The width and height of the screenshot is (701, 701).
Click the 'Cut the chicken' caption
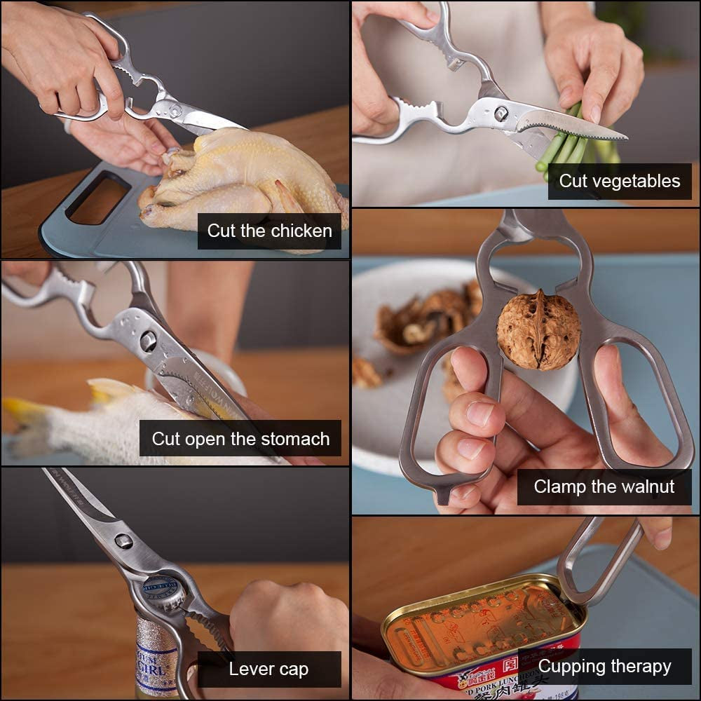pyautogui.click(x=270, y=231)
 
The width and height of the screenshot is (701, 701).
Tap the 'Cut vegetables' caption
pyautogui.click(x=619, y=181)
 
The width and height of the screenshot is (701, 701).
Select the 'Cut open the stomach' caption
pyautogui.click(x=240, y=439)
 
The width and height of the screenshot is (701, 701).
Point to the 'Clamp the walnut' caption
pyautogui.click(x=604, y=486)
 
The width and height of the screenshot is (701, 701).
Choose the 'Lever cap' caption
pyautogui.click(x=268, y=669)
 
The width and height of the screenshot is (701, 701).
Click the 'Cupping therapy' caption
pyautogui.click(x=604, y=666)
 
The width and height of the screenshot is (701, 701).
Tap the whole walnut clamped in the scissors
pyautogui.click(x=538, y=329)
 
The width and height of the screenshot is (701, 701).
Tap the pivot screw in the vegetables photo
pyautogui.click(x=501, y=114)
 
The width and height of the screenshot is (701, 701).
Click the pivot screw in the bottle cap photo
pyautogui.click(x=123, y=540)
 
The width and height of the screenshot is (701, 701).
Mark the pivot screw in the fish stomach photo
pyautogui.click(x=148, y=341)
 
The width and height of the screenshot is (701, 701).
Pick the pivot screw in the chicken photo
pyautogui.click(x=174, y=110)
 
